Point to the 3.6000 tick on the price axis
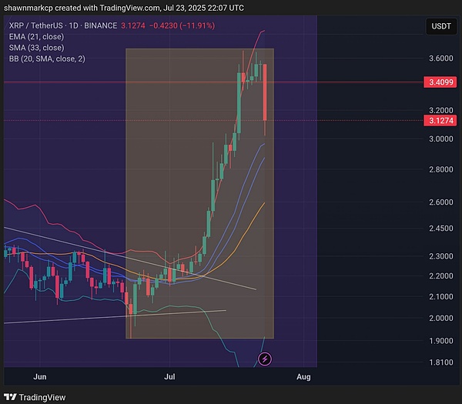(440, 58)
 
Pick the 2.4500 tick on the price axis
(440, 229)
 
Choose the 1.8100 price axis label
(440, 362)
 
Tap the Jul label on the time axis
(171, 377)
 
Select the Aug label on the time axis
(303, 377)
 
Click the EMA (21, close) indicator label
(36, 36)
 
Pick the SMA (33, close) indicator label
(36, 47)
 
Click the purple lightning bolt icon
(265, 359)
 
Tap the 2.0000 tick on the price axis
(440, 318)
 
